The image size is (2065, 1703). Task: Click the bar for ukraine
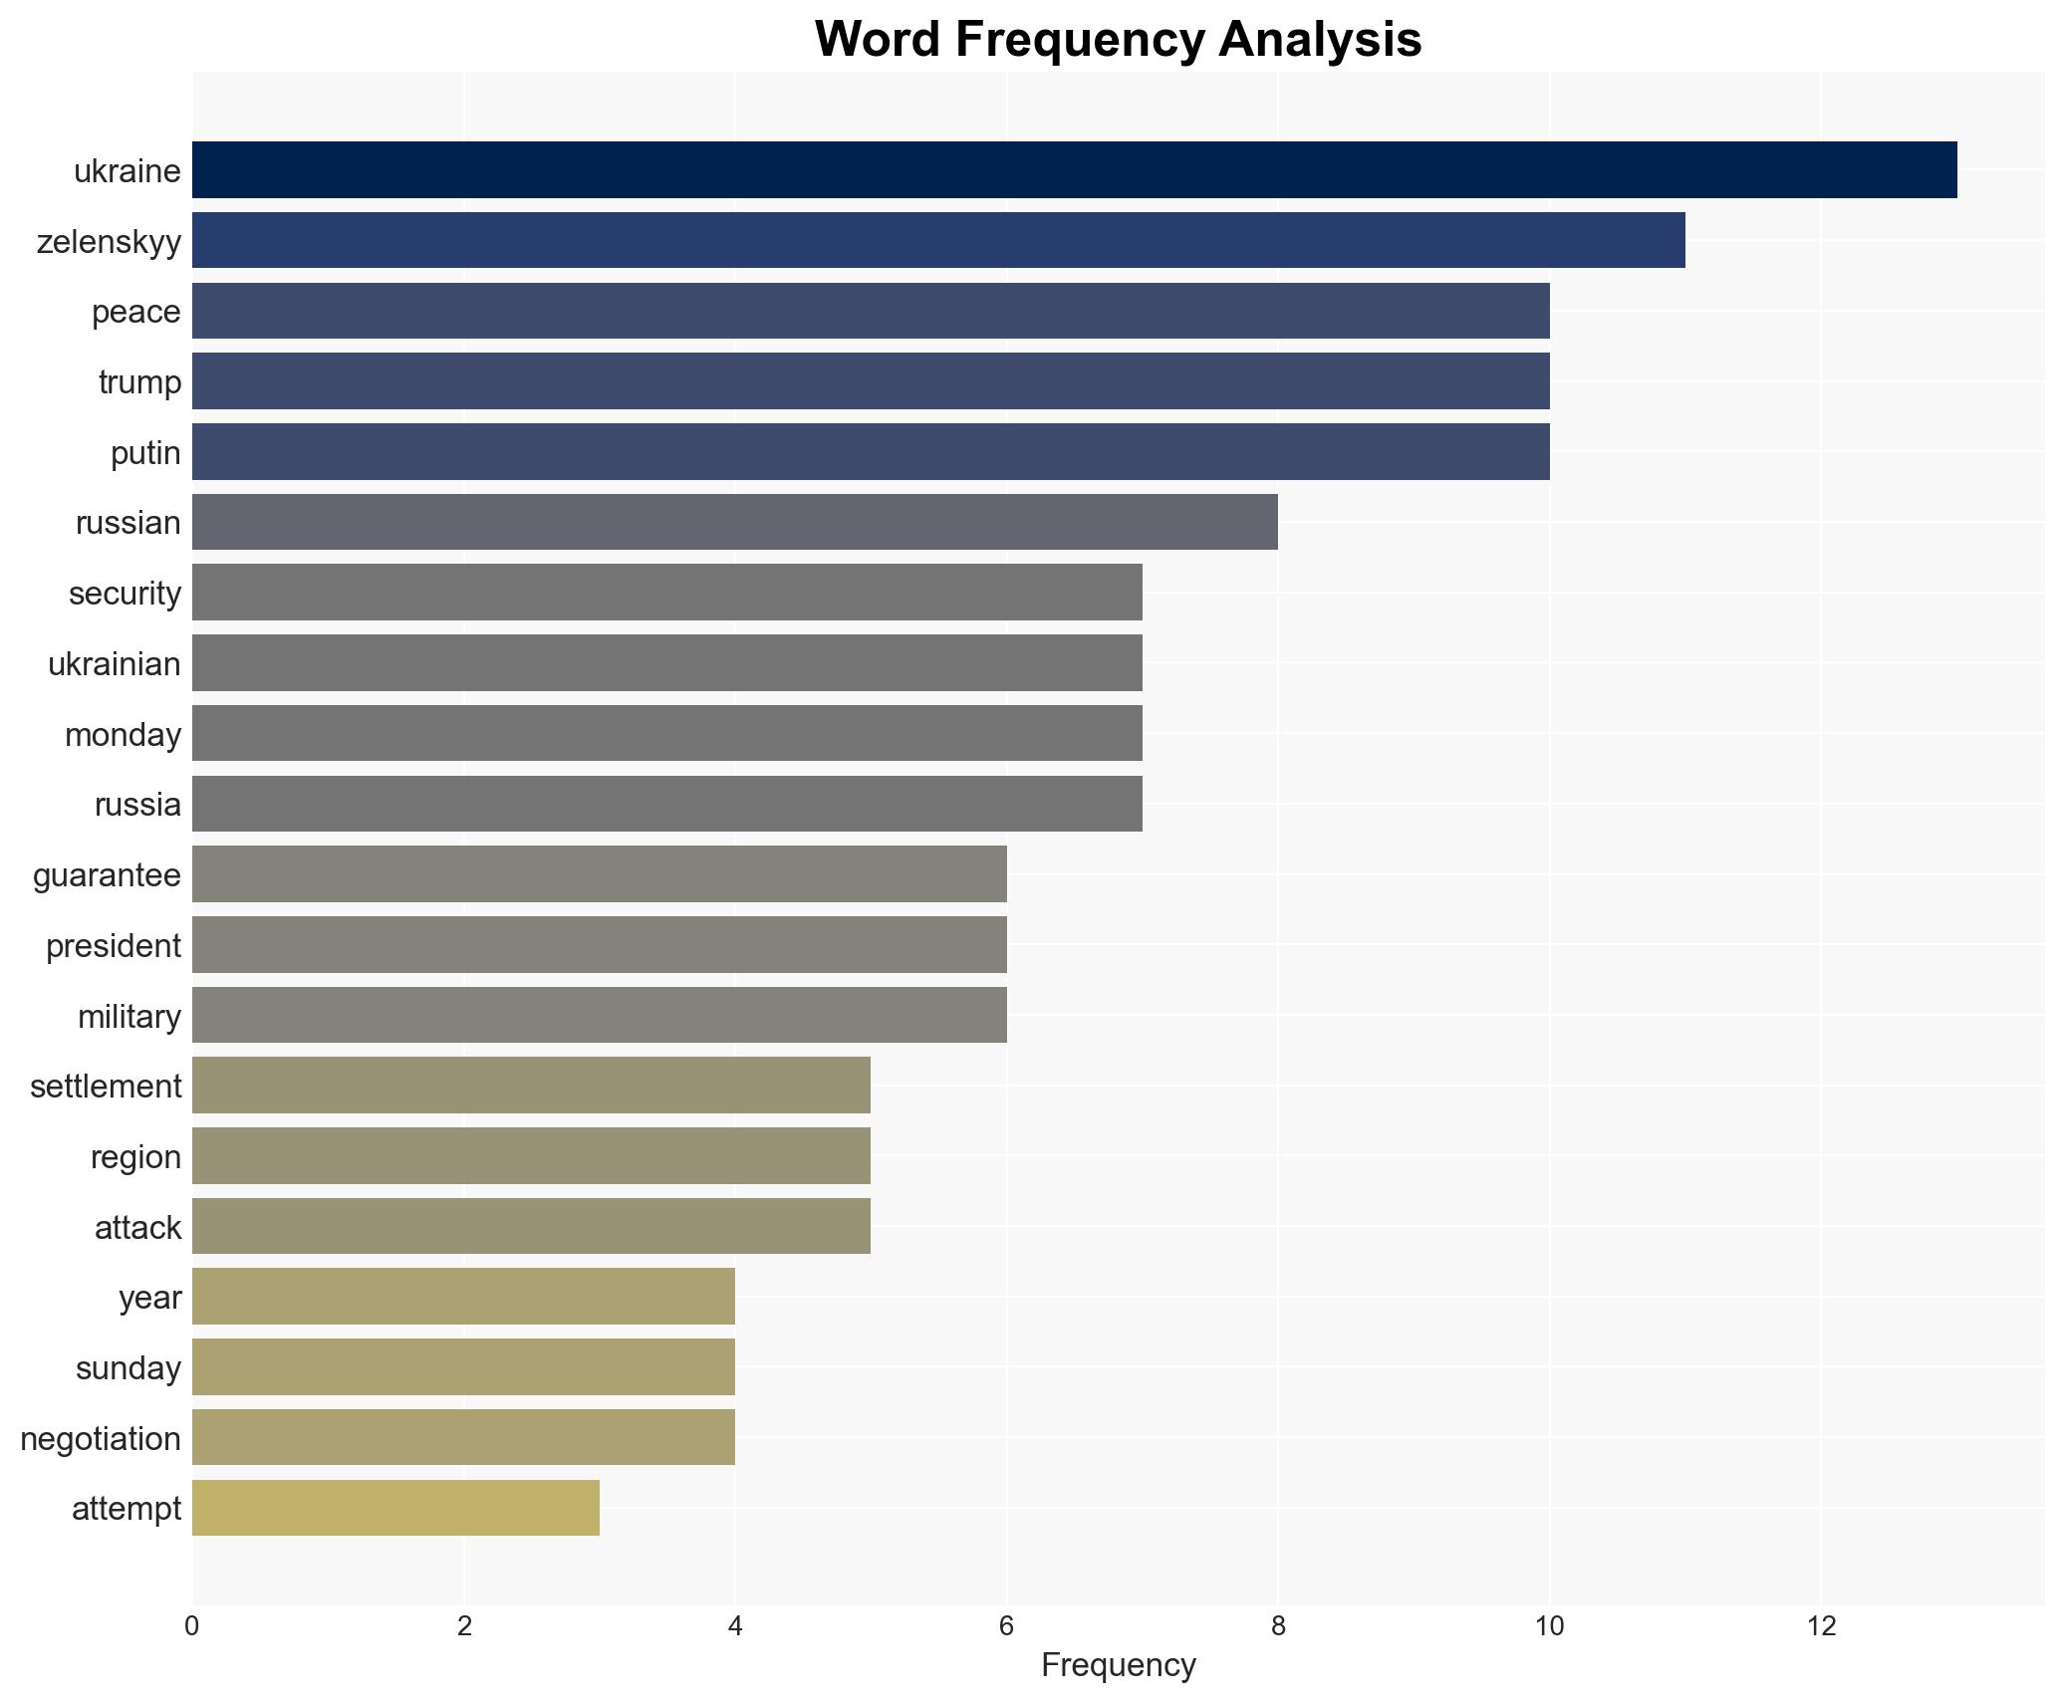(x=1074, y=170)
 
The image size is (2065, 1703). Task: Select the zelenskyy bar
(x=938, y=240)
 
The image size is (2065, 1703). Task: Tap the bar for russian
(x=734, y=522)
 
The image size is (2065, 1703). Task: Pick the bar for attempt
(x=395, y=1508)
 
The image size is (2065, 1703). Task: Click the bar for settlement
(x=531, y=1086)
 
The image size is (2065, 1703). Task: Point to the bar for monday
(x=666, y=734)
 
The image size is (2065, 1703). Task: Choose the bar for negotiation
(x=463, y=1437)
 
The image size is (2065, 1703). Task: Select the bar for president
(x=599, y=945)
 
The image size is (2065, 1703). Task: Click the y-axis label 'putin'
(x=145, y=453)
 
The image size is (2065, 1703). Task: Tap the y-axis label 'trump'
(x=139, y=382)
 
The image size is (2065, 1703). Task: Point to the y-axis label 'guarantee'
(x=107, y=875)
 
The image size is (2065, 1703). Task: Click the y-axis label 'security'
(x=125, y=594)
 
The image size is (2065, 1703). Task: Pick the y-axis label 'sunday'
(x=129, y=1368)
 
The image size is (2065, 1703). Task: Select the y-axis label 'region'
(x=135, y=1157)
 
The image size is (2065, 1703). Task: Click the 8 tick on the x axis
(x=1278, y=1626)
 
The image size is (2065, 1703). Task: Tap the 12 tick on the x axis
(x=1821, y=1626)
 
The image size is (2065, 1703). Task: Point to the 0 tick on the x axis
(x=192, y=1626)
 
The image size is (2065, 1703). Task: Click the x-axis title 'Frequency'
(x=1118, y=1665)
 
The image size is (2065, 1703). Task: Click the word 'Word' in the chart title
(x=878, y=40)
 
